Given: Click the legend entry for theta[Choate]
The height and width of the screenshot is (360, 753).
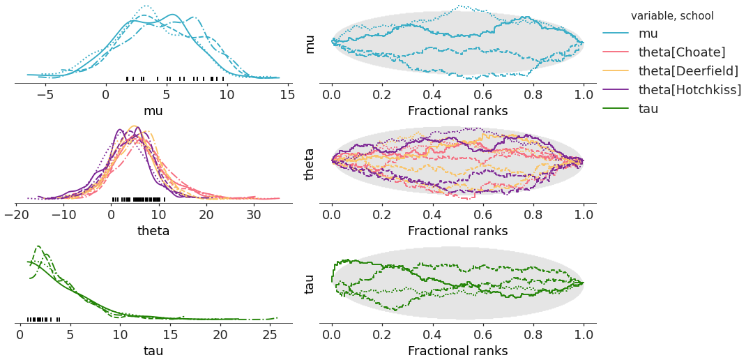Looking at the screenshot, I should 682,52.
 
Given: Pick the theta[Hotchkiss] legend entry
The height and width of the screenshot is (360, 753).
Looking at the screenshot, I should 690,89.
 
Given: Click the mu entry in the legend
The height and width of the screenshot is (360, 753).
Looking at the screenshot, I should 648,33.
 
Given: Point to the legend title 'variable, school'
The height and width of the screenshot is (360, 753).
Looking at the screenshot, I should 672,15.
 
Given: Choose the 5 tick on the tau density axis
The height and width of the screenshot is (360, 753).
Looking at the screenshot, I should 70,334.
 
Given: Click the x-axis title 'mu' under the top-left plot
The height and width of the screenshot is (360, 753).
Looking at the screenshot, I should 153,110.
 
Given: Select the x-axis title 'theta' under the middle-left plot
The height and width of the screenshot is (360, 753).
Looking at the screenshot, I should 153,230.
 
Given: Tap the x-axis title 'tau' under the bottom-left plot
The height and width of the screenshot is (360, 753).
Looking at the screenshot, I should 153,350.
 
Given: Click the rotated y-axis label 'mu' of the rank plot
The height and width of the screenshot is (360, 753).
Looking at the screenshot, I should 310,44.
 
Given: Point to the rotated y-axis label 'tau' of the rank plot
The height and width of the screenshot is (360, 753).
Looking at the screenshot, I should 310,283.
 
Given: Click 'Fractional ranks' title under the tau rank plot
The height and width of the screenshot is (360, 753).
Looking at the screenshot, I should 457,350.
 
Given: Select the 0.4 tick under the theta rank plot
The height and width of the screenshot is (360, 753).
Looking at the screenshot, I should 433,214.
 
